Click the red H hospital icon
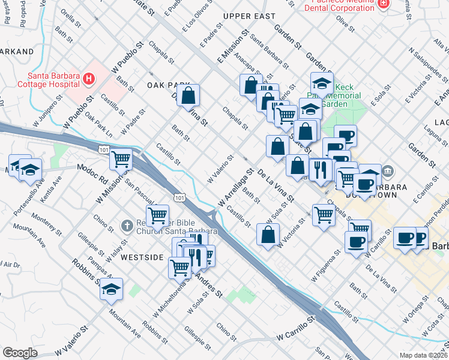coord(89,79)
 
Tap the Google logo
coord(20,352)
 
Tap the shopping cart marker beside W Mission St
coord(121,160)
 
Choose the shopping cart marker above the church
coord(157,215)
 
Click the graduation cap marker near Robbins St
coord(111,290)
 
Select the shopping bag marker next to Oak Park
coord(188,95)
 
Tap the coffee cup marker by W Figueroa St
coord(356,242)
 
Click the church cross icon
coord(126,226)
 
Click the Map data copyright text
coord(423,355)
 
